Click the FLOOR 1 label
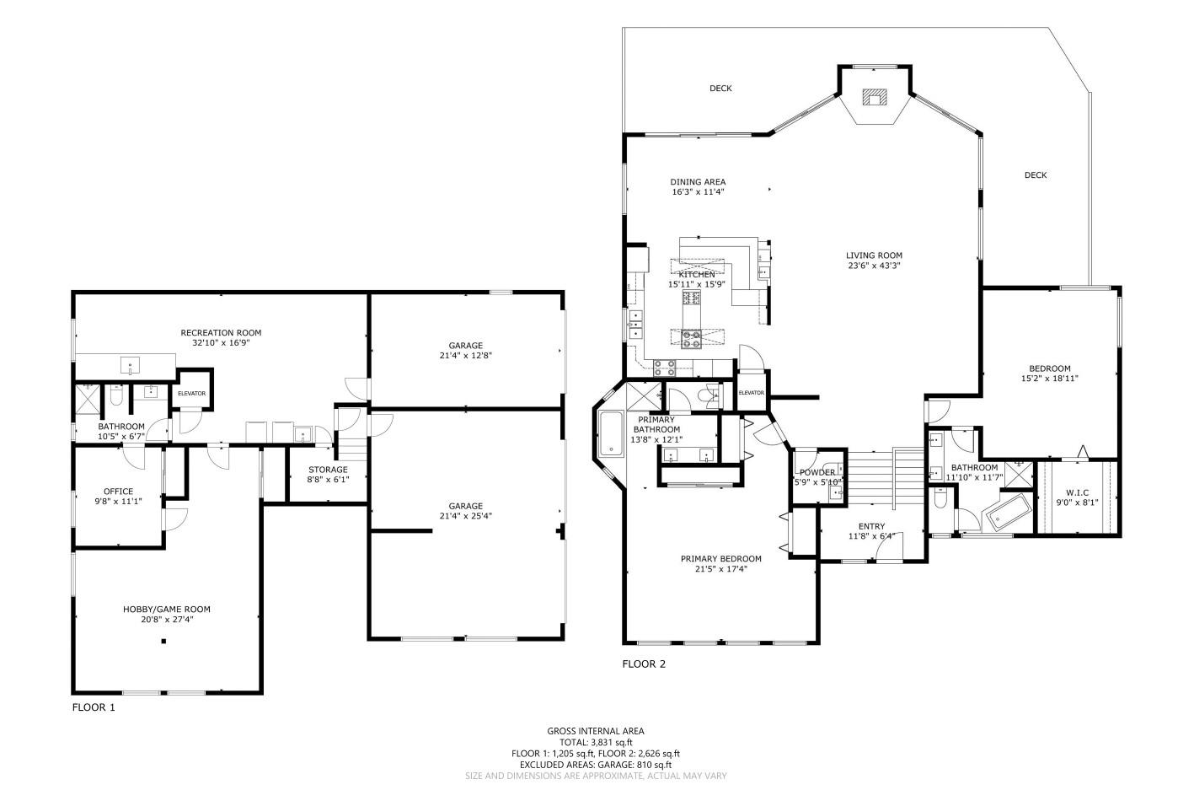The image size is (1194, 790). [93, 707]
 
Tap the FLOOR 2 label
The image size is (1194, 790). [644, 664]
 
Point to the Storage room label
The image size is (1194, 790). [328, 470]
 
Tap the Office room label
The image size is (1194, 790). [118, 492]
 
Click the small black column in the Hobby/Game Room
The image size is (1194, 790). [164, 642]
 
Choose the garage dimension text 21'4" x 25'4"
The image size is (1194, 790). [465, 516]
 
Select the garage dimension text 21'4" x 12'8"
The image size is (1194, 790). [465, 356]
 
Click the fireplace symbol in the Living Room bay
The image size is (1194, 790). [875, 97]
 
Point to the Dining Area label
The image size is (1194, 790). [698, 182]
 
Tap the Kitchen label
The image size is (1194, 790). [697, 275]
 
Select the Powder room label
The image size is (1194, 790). [817, 472]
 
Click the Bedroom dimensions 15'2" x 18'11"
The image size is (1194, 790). [1049, 379]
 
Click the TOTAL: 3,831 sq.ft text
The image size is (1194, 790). [596, 743]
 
